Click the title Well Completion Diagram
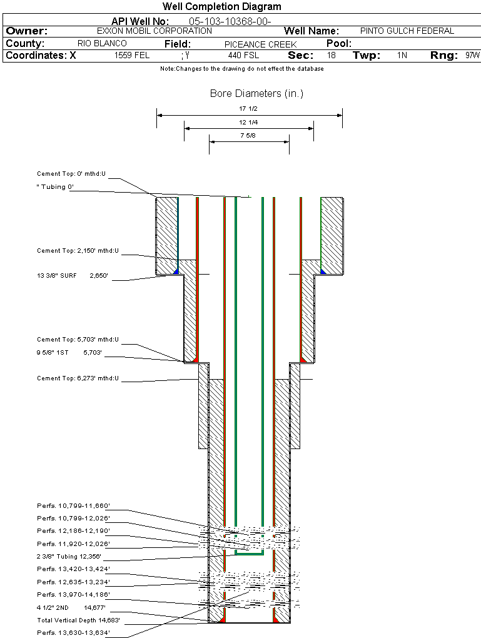(221, 7)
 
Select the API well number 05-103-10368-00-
(230, 21)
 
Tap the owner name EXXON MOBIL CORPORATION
(154, 31)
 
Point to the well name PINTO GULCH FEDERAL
(407, 31)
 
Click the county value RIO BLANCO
(102, 44)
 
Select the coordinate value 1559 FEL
(132, 56)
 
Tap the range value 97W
(472, 56)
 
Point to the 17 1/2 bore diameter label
(248, 109)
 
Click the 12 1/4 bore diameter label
(248, 122)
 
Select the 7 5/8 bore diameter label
(248, 135)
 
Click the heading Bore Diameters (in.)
(256, 94)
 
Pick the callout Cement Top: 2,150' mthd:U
(78, 251)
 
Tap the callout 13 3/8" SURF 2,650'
(73, 275)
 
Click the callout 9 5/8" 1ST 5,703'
(69, 353)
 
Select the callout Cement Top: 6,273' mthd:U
(78, 378)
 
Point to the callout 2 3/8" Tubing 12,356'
(69, 556)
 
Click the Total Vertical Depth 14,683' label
(78, 620)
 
